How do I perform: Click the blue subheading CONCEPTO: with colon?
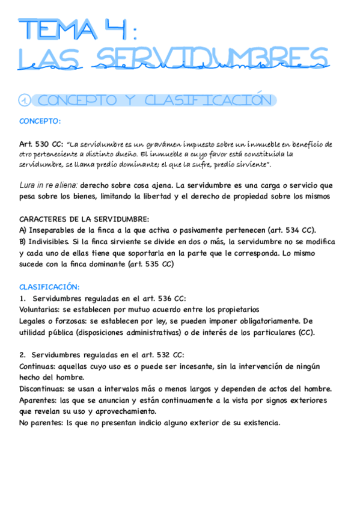click(x=40, y=121)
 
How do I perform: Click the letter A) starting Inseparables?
click(x=23, y=230)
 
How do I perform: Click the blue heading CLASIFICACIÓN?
click(x=49, y=287)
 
